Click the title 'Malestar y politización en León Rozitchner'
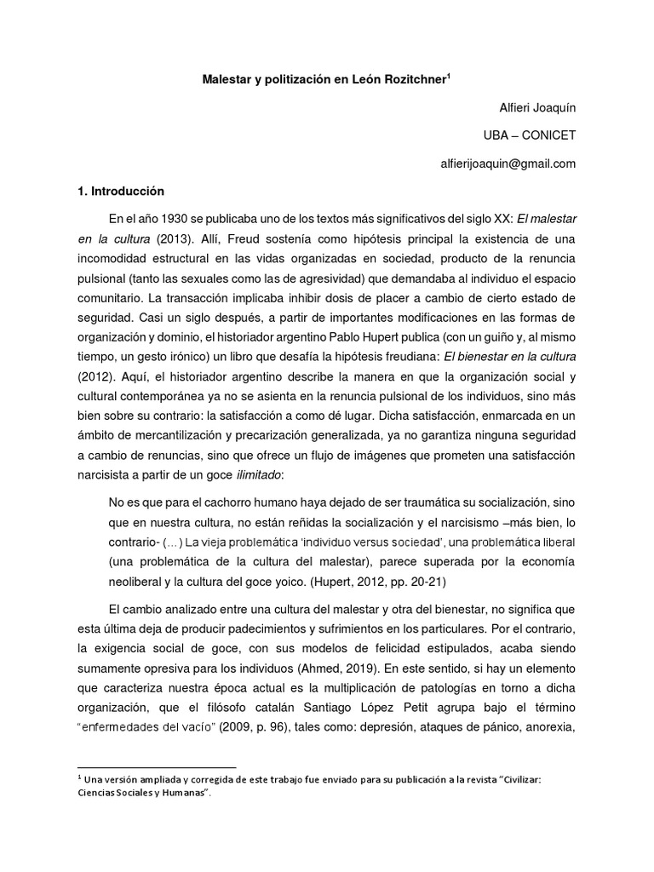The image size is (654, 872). [324, 79]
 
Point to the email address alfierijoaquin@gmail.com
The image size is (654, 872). [507, 163]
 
